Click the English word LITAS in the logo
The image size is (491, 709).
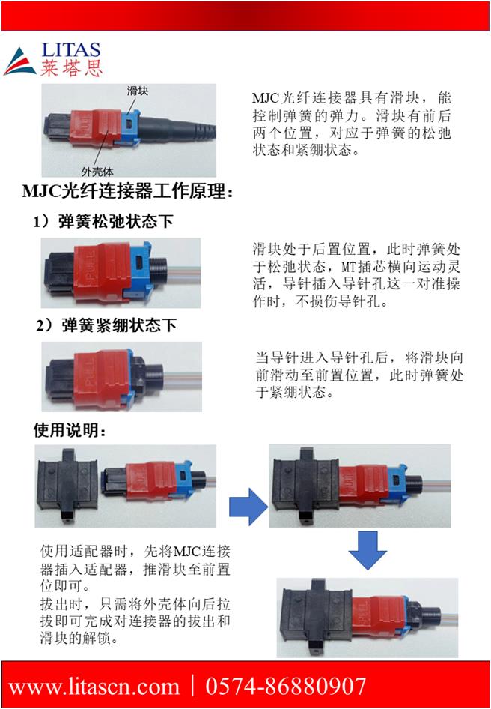click(71, 50)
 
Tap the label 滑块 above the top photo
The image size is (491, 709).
click(137, 91)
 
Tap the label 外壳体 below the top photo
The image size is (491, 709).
click(97, 171)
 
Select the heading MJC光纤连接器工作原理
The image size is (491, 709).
click(128, 192)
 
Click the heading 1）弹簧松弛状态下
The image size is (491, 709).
click(103, 222)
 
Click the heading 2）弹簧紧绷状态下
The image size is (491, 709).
click(106, 325)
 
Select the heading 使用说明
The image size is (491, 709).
click(70, 430)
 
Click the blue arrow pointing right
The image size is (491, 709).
click(248, 506)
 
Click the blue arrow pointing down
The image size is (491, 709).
click(368, 550)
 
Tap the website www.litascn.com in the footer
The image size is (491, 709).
click(94, 687)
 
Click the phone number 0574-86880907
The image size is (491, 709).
click(285, 687)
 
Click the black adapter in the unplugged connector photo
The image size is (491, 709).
click(68, 485)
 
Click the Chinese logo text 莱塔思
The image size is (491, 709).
click(71, 68)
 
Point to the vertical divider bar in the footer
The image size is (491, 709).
click(193, 686)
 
